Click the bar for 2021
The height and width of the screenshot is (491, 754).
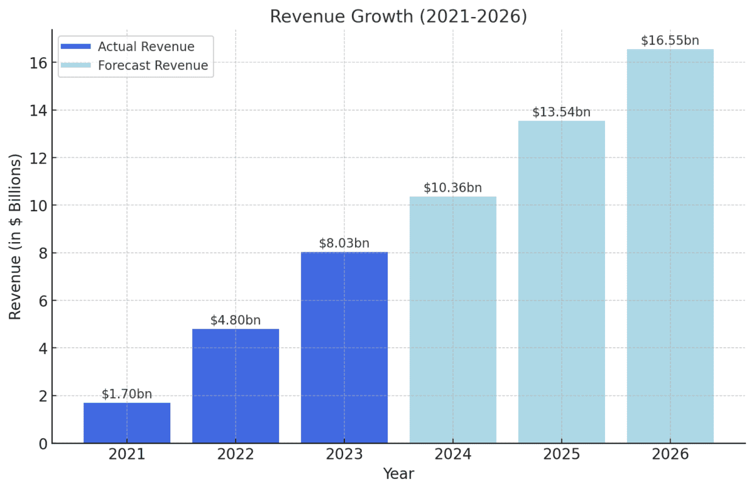(127, 423)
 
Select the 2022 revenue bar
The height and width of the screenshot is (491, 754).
(236, 386)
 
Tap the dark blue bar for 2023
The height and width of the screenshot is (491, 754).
(344, 348)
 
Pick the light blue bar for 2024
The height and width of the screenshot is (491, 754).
(453, 320)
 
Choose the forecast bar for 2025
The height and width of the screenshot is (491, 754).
(562, 282)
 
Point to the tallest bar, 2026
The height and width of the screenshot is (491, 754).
(670, 246)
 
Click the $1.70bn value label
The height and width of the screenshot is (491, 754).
(127, 394)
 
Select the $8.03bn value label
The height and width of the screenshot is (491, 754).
(344, 243)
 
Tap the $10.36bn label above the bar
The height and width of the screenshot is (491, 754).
(453, 187)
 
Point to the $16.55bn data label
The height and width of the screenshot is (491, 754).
(670, 40)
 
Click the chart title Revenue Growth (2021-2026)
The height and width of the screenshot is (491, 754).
(398, 16)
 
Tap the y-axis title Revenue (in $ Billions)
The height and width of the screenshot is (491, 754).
(16, 237)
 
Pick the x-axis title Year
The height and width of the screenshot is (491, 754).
(398, 474)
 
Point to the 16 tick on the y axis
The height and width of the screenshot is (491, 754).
(37, 63)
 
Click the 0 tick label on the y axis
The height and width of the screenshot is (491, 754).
(41, 444)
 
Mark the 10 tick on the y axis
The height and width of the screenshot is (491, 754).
(37, 206)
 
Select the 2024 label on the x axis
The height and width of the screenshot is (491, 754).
(453, 455)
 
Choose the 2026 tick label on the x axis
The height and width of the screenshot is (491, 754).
(670, 455)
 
